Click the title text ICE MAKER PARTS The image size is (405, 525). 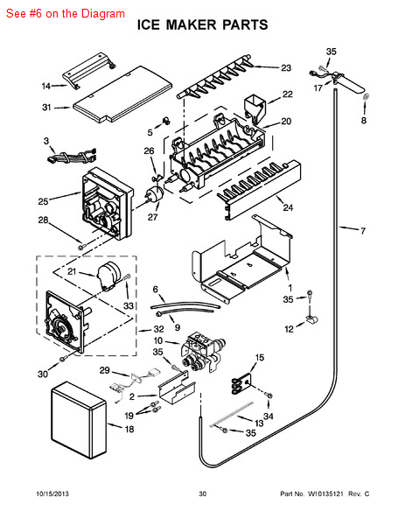(203, 25)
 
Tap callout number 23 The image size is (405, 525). (285, 67)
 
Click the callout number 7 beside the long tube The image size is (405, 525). (361, 230)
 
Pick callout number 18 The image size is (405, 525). (129, 429)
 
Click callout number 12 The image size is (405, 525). (288, 329)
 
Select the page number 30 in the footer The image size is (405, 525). (202, 495)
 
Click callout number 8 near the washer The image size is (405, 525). (364, 120)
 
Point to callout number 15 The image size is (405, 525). (259, 357)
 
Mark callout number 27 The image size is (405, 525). (153, 218)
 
